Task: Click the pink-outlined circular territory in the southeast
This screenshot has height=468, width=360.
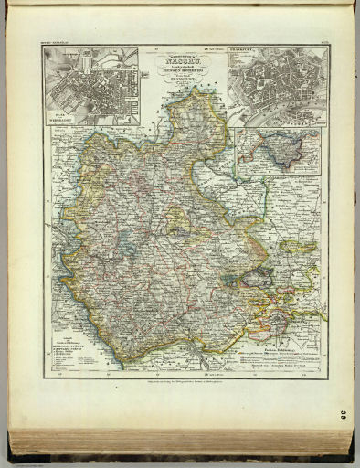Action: pyautogui.click(x=276, y=319)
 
